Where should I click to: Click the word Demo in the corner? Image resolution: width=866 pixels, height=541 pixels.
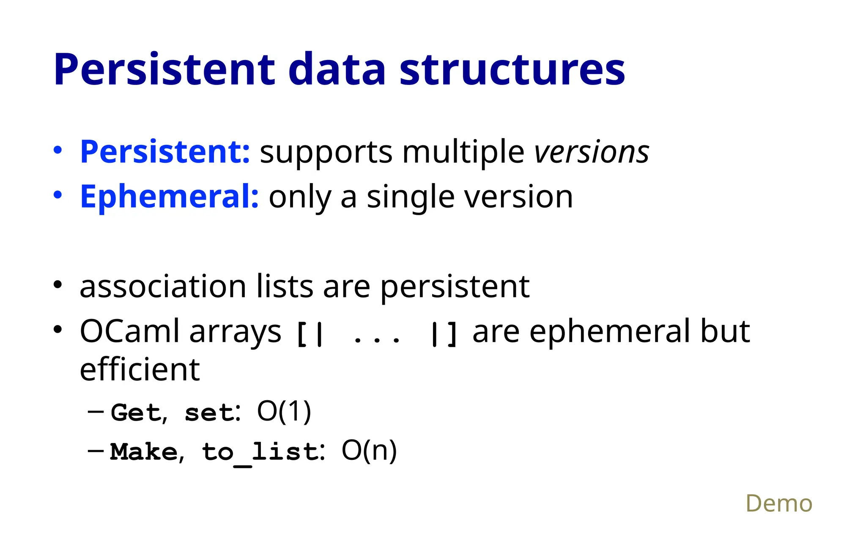[x=778, y=503]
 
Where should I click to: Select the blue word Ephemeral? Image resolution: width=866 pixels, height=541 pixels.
[x=169, y=197]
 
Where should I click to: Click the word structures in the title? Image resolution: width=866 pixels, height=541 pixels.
[x=512, y=69]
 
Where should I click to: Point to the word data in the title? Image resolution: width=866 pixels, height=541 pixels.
[x=337, y=69]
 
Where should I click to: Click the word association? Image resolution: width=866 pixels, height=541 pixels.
[x=163, y=287]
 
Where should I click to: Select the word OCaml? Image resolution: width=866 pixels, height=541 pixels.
[x=129, y=331]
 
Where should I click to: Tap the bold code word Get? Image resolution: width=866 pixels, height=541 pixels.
[x=136, y=412]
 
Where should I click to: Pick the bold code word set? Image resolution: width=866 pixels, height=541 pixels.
[x=209, y=413]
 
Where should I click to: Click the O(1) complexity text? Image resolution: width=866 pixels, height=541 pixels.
[x=284, y=411]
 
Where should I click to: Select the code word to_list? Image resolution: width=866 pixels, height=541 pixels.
[x=260, y=452]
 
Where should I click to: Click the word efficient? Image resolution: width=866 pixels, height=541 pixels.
[x=140, y=370]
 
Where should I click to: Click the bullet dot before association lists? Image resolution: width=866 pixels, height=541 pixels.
[x=58, y=285]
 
